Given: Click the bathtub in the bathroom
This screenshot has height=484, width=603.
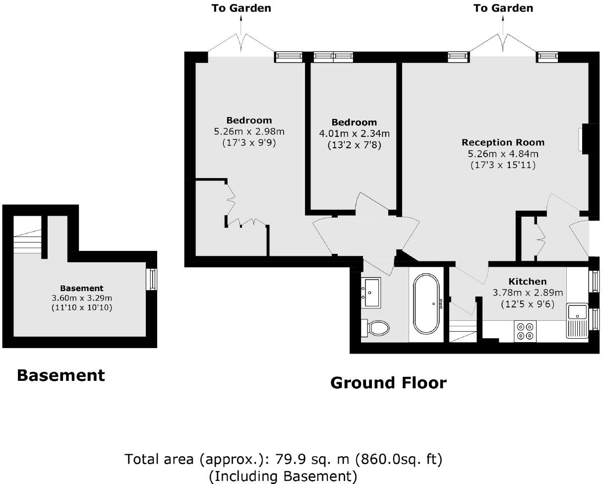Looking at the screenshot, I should point(426,303).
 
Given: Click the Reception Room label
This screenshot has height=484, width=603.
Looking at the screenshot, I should point(503,143).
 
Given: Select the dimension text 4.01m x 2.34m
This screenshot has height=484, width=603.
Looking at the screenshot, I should point(354,134).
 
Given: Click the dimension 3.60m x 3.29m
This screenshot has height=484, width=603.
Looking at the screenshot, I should point(82,298).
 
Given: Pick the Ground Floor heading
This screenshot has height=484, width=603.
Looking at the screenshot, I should point(388,383).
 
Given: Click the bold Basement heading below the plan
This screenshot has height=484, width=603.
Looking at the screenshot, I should point(60,375).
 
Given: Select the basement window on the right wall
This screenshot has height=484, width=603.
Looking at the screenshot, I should point(153,279).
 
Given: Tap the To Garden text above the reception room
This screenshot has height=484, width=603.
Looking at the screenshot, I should point(503,8).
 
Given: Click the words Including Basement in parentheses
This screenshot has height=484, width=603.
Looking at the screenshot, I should point(283,477).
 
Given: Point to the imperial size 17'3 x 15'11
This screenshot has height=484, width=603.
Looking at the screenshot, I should point(503,166).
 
